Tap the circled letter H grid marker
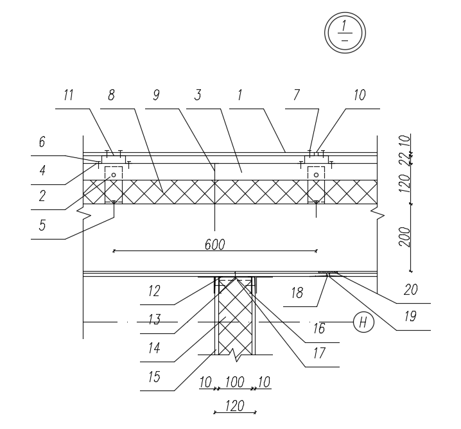pos(363,322)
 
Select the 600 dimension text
pos(215,244)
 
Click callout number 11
pos(69,96)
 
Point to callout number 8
pos(111,96)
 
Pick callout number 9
pos(156,96)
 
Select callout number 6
pos(42,143)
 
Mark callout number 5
pos(42,225)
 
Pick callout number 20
pos(411,290)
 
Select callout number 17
pos(318,353)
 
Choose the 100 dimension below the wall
pos(234,383)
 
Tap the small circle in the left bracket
pos(113,175)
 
